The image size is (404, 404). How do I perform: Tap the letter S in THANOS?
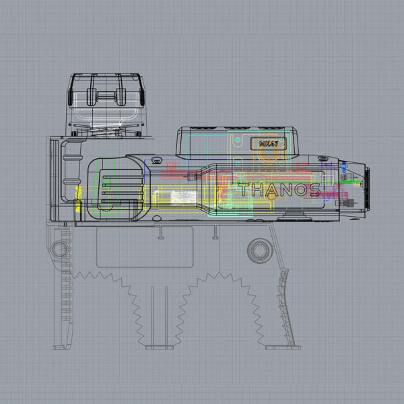coord(313,189)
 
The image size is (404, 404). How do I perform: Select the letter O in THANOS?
coord(298,189)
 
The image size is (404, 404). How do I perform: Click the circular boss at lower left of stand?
coord(58,249)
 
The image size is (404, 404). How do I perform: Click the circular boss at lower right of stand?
coord(259,250)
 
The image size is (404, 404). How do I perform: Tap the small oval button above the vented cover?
coord(156,160)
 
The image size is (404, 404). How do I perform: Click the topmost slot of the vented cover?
coord(122,174)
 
